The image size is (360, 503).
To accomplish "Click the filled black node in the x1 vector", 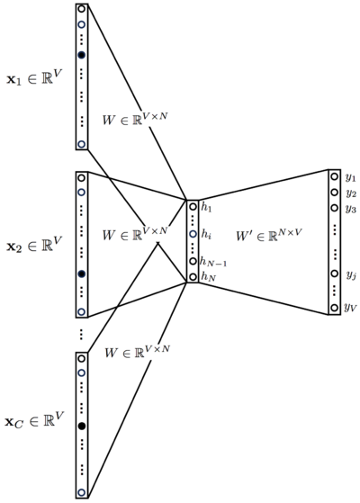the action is click(82, 55).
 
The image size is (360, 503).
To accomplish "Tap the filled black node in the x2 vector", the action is click(82, 274).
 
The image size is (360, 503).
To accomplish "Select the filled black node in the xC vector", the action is click(82, 426).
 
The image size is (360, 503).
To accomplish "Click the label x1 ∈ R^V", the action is click(33, 76).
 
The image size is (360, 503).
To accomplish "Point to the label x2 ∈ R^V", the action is click(33, 244).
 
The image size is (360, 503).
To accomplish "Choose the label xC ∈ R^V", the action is click(34, 419).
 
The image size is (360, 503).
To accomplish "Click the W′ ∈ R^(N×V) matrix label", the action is click(269, 235).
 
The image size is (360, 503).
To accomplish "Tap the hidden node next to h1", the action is click(193, 207).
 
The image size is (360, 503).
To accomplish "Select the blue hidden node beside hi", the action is click(193, 234).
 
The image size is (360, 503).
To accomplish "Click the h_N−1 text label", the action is click(213, 263).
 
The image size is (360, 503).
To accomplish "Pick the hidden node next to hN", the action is click(193, 276).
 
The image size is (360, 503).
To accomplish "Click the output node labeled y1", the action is click(334, 176).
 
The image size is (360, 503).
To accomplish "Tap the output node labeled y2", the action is click(334, 193).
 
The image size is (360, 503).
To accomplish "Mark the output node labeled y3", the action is click(334, 208).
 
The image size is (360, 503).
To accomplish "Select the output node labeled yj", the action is click(334, 274).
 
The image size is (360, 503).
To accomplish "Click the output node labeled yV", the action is click(334, 308).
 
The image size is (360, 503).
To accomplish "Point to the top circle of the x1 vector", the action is click(82, 9).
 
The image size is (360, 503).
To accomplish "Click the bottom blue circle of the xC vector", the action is click(82, 492).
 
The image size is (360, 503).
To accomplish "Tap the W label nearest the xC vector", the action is click(137, 352).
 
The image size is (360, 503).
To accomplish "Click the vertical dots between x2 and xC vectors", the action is click(81, 334).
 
